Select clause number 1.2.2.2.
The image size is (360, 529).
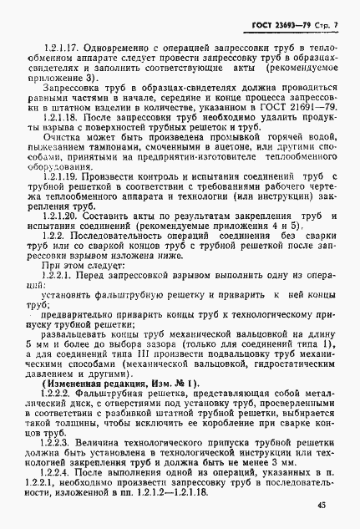(52, 405)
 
